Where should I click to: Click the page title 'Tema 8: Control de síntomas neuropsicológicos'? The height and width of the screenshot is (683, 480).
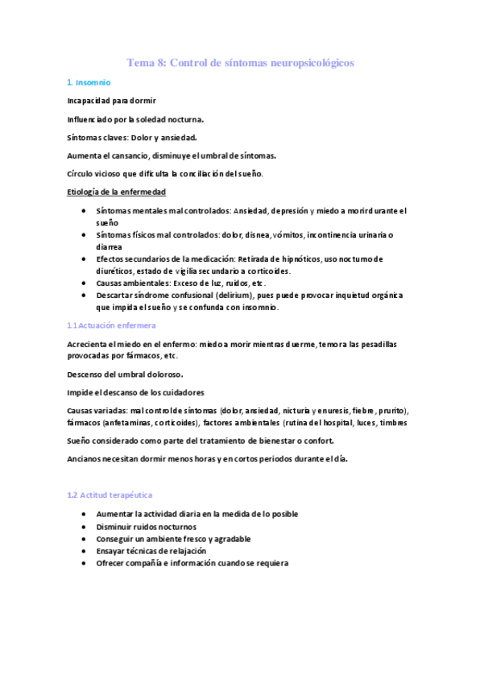(240, 63)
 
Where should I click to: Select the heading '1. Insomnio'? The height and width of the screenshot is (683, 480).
(89, 83)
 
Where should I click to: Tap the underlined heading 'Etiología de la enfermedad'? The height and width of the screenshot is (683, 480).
(117, 192)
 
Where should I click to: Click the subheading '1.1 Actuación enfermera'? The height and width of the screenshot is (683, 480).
(111, 325)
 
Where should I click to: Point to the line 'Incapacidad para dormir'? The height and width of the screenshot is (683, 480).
(111, 101)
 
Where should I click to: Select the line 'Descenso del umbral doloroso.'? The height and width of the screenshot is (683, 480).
(125, 374)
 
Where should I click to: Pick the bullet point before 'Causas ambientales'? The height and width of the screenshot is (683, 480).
(85, 284)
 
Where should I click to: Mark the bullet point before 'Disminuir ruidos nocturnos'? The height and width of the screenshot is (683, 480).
(85, 527)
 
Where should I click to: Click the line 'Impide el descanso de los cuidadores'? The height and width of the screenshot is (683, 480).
(135, 392)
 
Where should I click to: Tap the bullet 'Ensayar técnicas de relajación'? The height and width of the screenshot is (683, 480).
(151, 551)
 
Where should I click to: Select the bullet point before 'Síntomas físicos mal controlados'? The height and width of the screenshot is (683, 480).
(85, 234)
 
